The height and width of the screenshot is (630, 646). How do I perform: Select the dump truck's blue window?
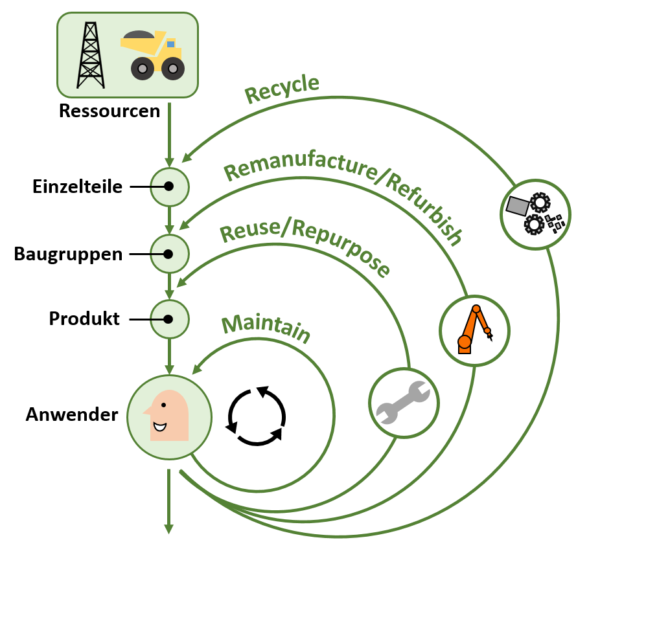[x=171, y=44]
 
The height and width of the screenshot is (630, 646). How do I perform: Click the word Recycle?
[x=282, y=89]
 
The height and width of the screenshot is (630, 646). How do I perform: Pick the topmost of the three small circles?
[x=169, y=187]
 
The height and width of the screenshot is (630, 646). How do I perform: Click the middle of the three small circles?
[x=169, y=254]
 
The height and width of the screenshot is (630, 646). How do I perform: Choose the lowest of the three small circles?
[x=169, y=319]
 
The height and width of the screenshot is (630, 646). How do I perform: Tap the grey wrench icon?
[x=403, y=403]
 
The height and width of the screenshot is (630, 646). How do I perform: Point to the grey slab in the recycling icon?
[x=518, y=205]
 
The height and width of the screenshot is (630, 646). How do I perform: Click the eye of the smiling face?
[x=163, y=405]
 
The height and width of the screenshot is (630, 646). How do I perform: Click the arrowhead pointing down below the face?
[x=169, y=530]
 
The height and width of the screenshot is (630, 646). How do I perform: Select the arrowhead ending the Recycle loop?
[x=186, y=158]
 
